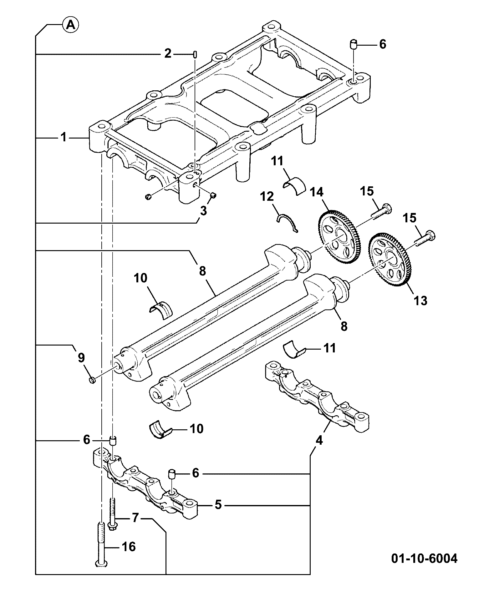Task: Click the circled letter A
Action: coord(71,25)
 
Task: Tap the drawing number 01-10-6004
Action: coord(424,558)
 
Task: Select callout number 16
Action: coord(128,547)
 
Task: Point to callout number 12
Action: coord(267,196)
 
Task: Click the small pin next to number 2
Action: coord(195,54)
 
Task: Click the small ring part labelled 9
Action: coord(92,380)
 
